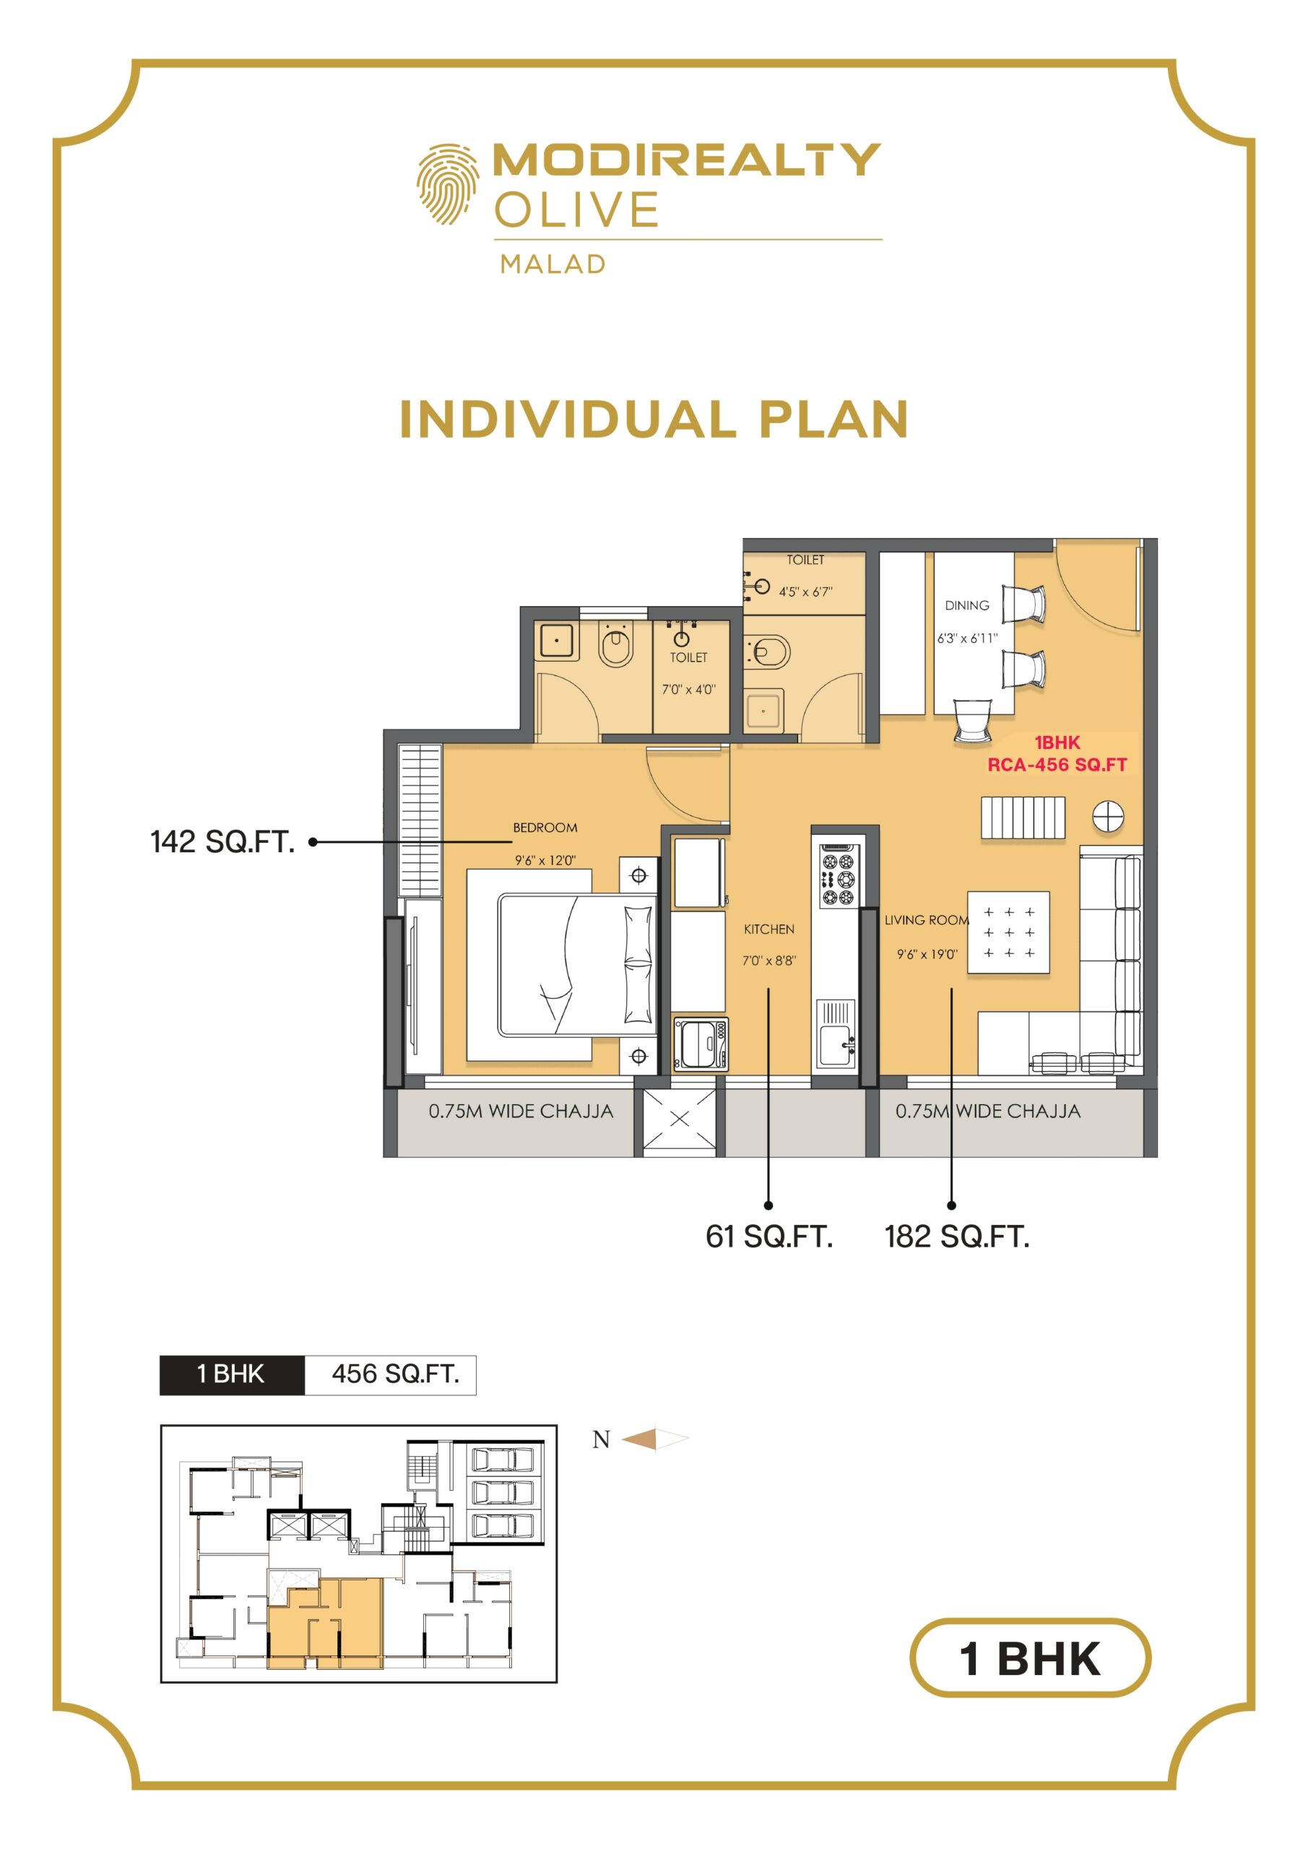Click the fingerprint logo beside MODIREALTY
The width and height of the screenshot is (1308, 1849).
pyautogui.click(x=447, y=183)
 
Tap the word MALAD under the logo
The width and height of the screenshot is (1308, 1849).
pyautogui.click(x=553, y=264)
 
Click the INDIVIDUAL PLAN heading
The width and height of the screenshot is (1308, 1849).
pyautogui.click(x=654, y=420)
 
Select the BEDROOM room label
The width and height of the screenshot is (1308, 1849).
pyautogui.click(x=545, y=827)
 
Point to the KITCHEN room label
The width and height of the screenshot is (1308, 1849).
pyautogui.click(x=768, y=929)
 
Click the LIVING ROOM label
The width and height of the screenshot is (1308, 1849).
pyautogui.click(x=926, y=919)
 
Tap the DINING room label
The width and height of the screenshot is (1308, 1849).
pyautogui.click(x=966, y=605)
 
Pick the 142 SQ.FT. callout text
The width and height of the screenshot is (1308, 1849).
pyautogui.click(x=222, y=841)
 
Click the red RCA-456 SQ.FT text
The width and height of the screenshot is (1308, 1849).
pyautogui.click(x=1057, y=764)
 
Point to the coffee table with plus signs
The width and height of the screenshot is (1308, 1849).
pyautogui.click(x=1008, y=932)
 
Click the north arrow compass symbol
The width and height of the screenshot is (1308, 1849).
pyautogui.click(x=656, y=1439)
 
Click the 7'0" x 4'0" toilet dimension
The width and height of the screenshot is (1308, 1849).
pyautogui.click(x=688, y=689)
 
